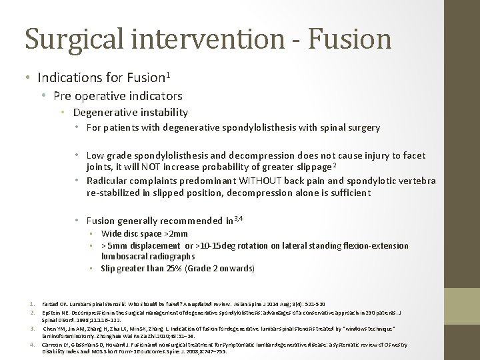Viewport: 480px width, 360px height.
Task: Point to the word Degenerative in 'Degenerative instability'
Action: click(103, 113)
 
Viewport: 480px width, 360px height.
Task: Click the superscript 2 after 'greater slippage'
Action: click(333, 164)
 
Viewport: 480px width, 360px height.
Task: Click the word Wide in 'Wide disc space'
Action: click(111, 234)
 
